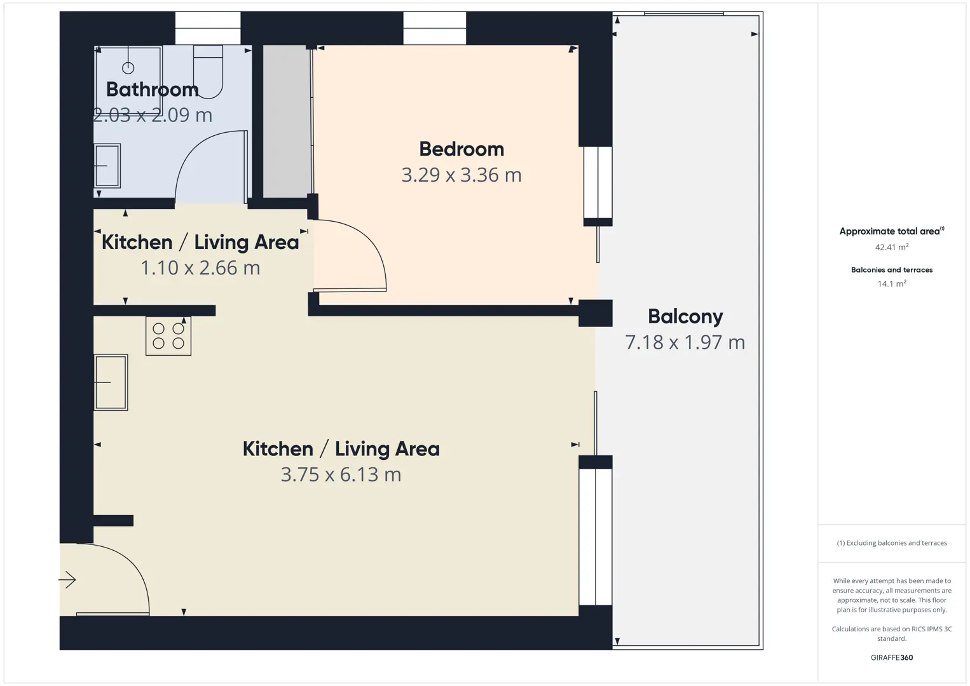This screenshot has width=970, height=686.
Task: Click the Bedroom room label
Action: point(461,149)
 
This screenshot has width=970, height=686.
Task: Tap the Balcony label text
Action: point(685,317)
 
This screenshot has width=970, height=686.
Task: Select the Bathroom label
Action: point(153,90)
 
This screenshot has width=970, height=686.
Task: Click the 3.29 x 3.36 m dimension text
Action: point(461,175)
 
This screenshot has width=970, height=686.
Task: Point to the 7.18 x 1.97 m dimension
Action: point(685,342)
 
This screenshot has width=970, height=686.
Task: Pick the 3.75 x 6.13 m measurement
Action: point(341,474)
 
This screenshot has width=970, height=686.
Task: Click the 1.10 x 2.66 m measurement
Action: point(200,268)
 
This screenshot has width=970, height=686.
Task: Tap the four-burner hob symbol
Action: point(168,336)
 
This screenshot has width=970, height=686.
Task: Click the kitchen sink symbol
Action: point(111,382)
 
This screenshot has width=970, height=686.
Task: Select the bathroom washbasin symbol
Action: point(107,166)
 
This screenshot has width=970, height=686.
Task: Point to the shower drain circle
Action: point(128,68)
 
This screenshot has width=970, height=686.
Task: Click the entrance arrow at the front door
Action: point(67,580)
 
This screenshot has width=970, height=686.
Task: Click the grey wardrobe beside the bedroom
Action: point(287,121)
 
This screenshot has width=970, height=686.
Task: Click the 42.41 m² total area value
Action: point(892,247)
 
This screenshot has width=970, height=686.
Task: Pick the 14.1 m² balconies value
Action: point(892,284)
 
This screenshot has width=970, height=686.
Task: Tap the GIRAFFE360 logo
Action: point(892,657)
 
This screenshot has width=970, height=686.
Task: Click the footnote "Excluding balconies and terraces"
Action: point(896,542)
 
